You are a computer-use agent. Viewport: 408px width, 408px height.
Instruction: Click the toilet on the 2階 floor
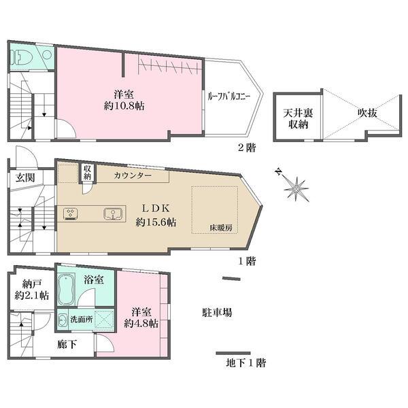(x=21, y=56)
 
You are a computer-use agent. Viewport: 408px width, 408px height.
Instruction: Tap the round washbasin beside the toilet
(x=47, y=55)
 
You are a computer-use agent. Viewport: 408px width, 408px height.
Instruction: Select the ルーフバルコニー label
(x=228, y=97)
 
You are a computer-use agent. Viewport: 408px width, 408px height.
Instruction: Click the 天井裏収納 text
(x=299, y=118)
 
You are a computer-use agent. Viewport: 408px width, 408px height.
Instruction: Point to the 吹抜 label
(x=367, y=113)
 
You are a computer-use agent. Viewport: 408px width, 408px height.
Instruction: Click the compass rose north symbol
(x=279, y=172)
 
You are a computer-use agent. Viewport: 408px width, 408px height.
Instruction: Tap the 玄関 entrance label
(x=25, y=177)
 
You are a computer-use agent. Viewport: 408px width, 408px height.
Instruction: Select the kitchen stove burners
(x=71, y=214)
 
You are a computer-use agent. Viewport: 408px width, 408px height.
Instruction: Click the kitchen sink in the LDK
(x=113, y=214)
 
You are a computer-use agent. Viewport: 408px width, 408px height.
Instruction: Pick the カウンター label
(x=133, y=175)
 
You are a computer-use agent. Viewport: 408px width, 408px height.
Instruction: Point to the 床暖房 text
(x=221, y=228)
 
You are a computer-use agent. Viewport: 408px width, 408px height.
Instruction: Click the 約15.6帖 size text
(x=156, y=222)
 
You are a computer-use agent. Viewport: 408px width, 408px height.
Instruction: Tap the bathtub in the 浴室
(x=66, y=290)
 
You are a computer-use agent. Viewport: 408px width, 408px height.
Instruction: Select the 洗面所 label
(x=81, y=320)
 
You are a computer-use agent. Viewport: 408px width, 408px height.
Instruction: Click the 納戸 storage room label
(x=32, y=284)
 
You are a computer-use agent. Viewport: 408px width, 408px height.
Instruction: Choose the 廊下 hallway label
(x=67, y=345)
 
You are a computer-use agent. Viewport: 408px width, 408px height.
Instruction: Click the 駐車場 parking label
(x=218, y=312)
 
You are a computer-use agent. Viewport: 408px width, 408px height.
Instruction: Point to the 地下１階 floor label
(x=246, y=362)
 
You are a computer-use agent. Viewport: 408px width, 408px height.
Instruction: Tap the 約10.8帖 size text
(x=124, y=106)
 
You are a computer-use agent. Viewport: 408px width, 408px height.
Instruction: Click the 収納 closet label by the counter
(x=87, y=173)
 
